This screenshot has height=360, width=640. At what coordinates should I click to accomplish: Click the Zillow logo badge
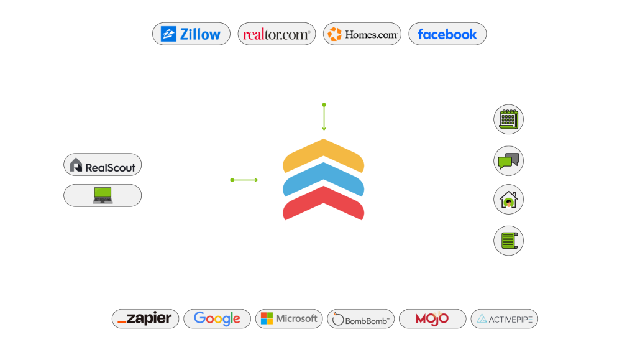[x=191, y=34]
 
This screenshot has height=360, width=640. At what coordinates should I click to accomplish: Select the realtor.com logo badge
[x=277, y=34]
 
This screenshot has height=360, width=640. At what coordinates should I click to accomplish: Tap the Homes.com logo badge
[x=362, y=34]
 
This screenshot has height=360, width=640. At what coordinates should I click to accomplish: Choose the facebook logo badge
[x=447, y=34]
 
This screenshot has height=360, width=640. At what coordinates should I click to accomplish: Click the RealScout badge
[x=103, y=165]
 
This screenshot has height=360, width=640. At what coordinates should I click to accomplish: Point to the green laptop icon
[x=103, y=195]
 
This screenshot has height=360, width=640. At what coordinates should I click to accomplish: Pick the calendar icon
[x=508, y=119]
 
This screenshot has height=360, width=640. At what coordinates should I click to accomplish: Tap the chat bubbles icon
[x=508, y=161]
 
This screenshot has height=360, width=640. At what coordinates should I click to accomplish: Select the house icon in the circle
[x=508, y=201]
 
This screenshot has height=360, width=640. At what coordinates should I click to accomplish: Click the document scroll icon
[x=508, y=241]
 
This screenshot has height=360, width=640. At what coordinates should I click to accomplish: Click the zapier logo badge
[x=145, y=319]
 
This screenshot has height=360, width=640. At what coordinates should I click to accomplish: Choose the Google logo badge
[x=217, y=319]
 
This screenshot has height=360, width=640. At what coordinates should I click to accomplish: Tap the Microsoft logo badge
[x=289, y=319]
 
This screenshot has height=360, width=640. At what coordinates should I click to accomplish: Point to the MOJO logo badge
[x=432, y=319]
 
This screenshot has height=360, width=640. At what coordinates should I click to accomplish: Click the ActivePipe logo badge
[x=504, y=319]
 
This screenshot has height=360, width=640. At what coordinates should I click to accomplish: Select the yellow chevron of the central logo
[x=323, y=155]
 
